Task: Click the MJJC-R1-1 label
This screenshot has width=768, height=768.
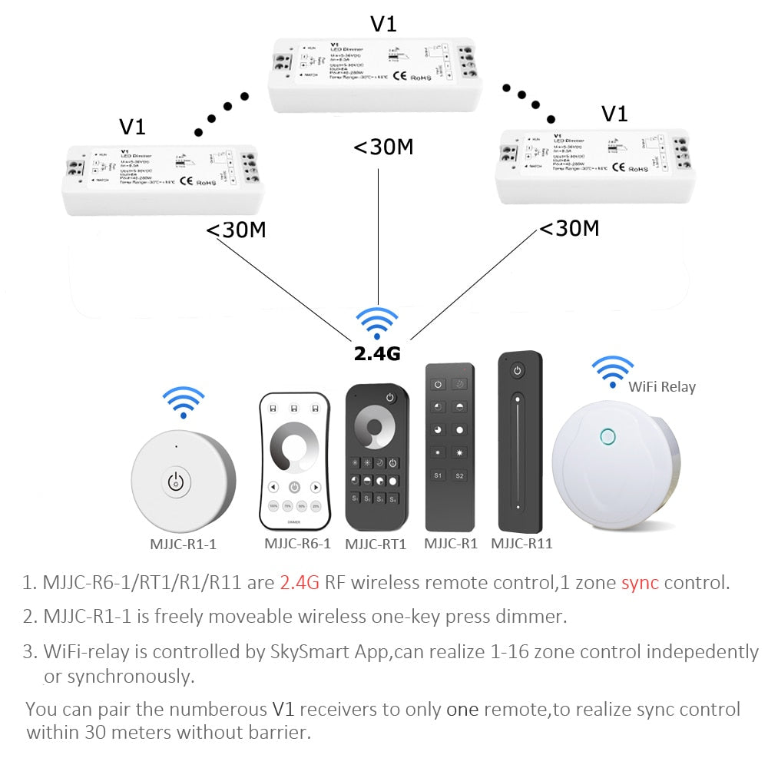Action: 183,544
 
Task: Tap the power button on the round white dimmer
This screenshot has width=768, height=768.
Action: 177,482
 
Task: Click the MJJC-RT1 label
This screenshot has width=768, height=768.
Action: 375,544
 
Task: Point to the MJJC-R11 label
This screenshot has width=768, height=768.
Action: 521,544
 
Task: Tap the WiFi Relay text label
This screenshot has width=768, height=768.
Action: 662,386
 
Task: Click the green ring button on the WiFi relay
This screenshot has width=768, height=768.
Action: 607,437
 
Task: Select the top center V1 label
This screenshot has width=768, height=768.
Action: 383,23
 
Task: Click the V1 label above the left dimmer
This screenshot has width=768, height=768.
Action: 132,126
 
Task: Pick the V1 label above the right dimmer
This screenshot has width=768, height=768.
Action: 614,114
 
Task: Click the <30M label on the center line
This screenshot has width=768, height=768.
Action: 383,147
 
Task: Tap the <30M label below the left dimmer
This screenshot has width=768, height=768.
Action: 237,230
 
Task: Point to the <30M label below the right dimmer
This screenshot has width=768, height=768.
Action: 569,228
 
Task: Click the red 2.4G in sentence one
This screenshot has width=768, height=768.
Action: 299,581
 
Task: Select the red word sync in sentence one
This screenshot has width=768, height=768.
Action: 640,581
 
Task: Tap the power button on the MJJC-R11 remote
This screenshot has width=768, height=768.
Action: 518,371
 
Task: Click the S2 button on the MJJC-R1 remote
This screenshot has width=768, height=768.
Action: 460,475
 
